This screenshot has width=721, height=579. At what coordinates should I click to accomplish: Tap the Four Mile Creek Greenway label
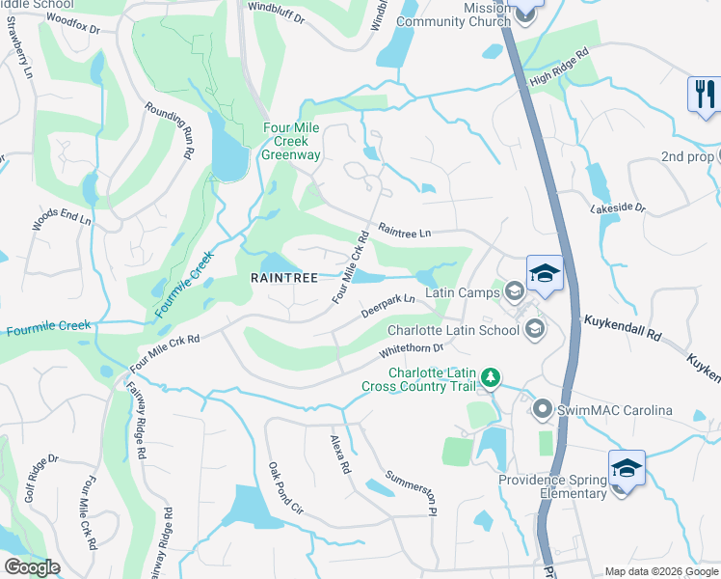pyautogui.click(x=292, y=141)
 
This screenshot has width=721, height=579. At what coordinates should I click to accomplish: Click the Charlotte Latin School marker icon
pyautogui.click(x=534, y=330)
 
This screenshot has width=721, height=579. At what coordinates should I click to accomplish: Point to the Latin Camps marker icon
pyautogui.click(x=514, y=290)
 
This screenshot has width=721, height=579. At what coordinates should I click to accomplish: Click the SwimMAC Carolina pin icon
pyautogui.click(x=542, y=410)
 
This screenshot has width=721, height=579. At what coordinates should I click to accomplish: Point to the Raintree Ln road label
pyautogui.click(x=404, y=231)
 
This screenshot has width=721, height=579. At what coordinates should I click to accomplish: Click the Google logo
pyautogui.click(x=32, y=567)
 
